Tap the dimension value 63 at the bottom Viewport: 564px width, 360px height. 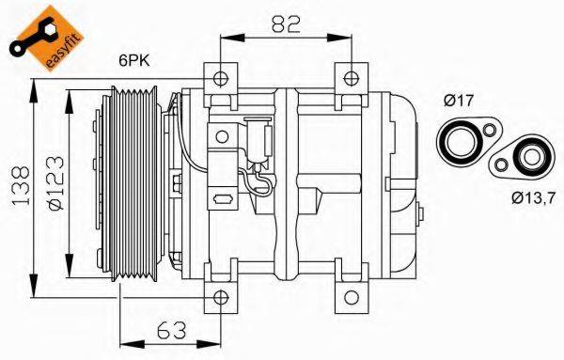(170, 330)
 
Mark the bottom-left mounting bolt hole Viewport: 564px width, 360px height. (219, 300)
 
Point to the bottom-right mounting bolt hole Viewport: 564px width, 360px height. (350, 300)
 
